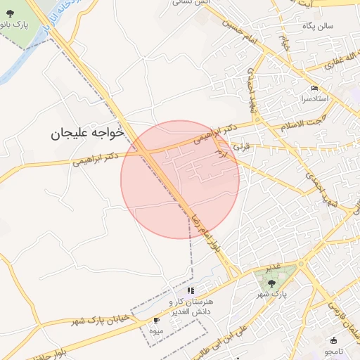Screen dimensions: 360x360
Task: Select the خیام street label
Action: (x=285, y=42)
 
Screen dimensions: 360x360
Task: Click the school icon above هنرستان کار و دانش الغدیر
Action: (x=190, y=290)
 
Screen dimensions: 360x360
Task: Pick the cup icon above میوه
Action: (x=155, y=320)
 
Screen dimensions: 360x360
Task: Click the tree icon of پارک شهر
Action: (x=271, y=283)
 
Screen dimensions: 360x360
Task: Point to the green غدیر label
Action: (x=275, y=266)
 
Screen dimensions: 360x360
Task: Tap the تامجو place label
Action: (x=333, y=350)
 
